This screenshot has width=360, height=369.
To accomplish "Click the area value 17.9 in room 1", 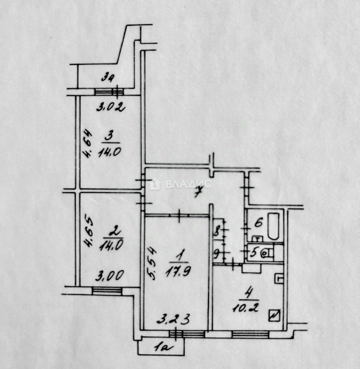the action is pos(176,271).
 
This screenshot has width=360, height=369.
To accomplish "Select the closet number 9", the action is pos(216,253).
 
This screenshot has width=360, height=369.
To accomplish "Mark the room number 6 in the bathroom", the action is pos(258,223).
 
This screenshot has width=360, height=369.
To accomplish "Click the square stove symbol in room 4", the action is pos(275,316).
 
